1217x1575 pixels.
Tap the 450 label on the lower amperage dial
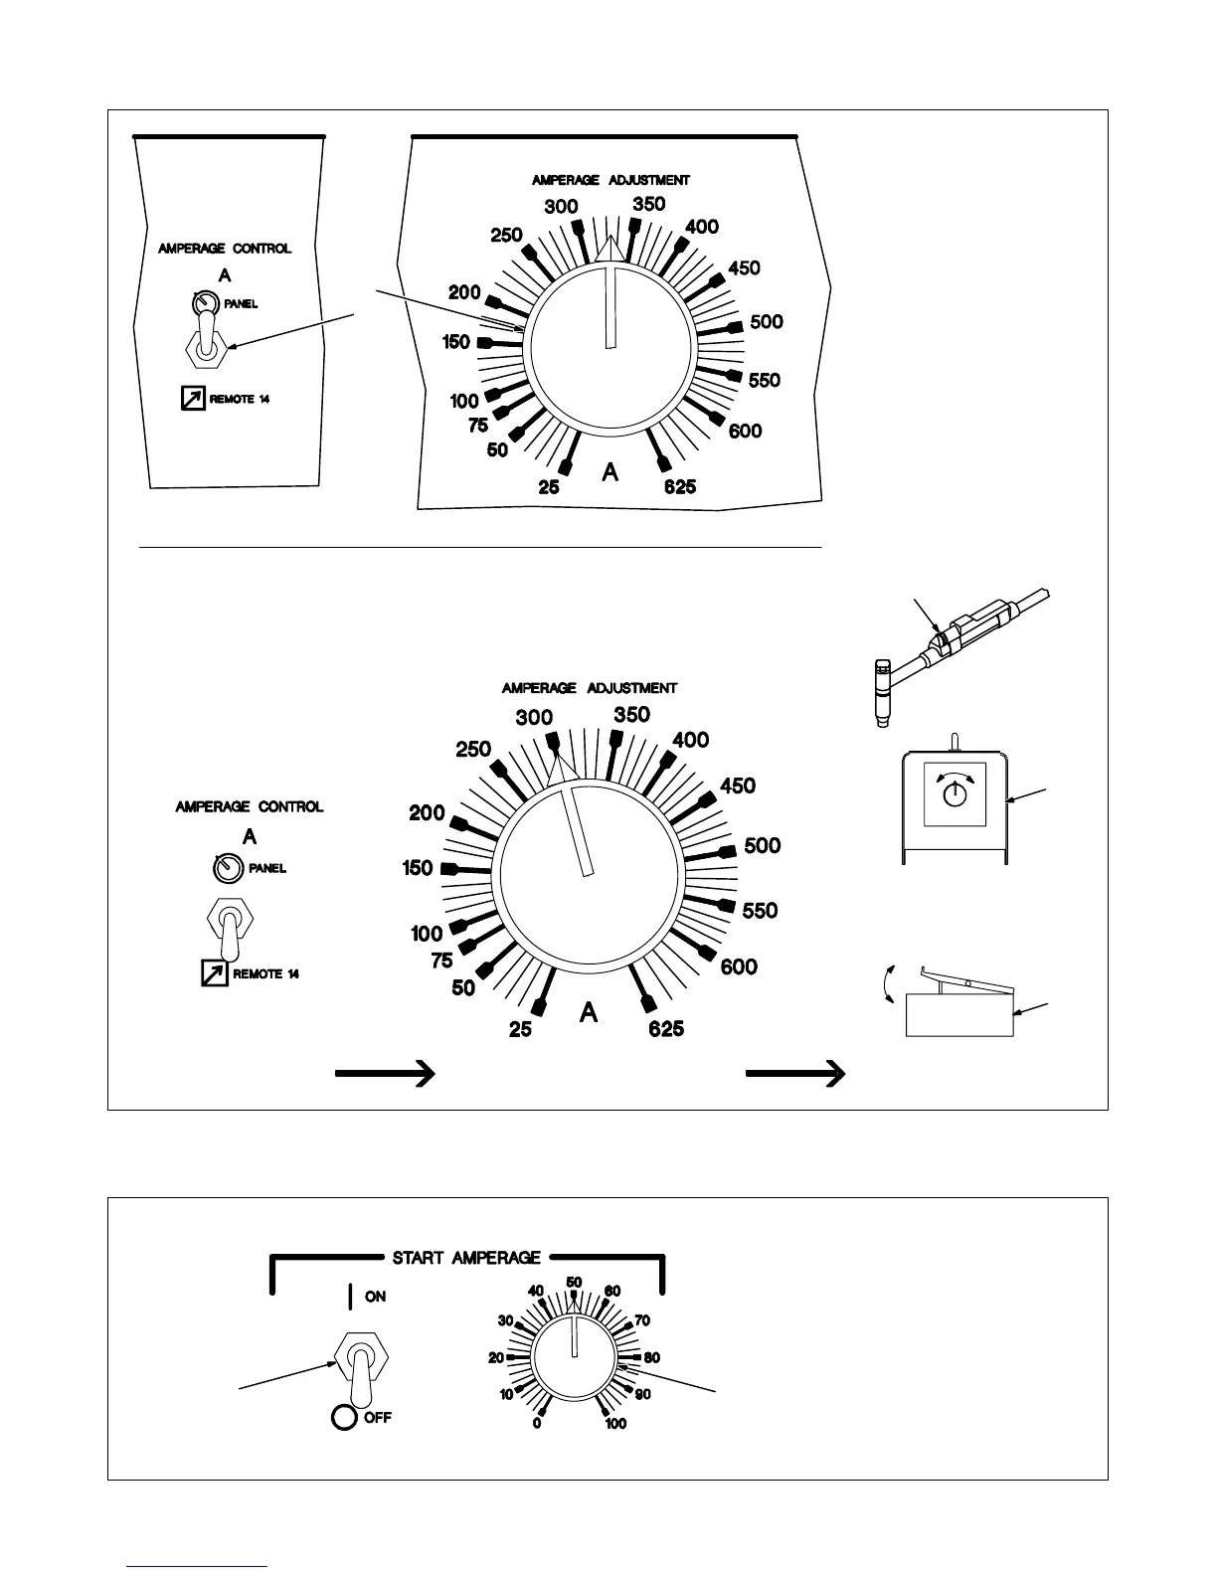738,786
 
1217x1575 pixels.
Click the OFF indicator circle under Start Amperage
344,1417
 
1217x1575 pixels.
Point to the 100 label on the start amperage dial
615,1424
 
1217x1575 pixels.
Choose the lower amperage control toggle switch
231,925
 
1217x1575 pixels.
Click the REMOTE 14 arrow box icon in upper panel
188,399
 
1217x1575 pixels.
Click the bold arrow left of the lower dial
385,1073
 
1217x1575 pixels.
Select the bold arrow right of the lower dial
795,1073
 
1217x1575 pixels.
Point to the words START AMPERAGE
466,1258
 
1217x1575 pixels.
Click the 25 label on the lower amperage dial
520,1030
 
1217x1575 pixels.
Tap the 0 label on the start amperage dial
537,1424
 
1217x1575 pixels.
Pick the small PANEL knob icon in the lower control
228,868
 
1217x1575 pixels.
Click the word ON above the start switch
375,1297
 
